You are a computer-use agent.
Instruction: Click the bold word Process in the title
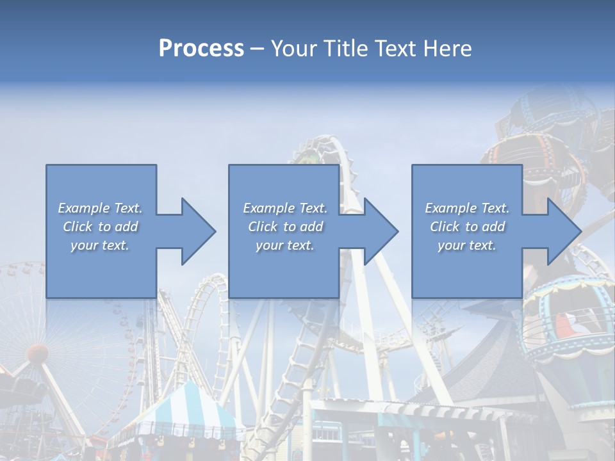(201, 49)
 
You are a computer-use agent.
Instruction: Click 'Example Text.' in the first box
(100, 208)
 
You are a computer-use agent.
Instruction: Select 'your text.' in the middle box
(284, 245)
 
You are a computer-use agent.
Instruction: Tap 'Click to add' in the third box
(467, 227)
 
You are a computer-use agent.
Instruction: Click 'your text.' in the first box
(100, 245)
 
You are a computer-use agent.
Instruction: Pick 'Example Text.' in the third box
(467, 208)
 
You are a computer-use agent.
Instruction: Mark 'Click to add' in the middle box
(284, 227)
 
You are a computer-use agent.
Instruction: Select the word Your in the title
(291, 49)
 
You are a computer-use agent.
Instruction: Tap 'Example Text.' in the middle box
(284, 208)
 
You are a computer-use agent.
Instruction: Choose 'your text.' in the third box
(467, 245)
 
